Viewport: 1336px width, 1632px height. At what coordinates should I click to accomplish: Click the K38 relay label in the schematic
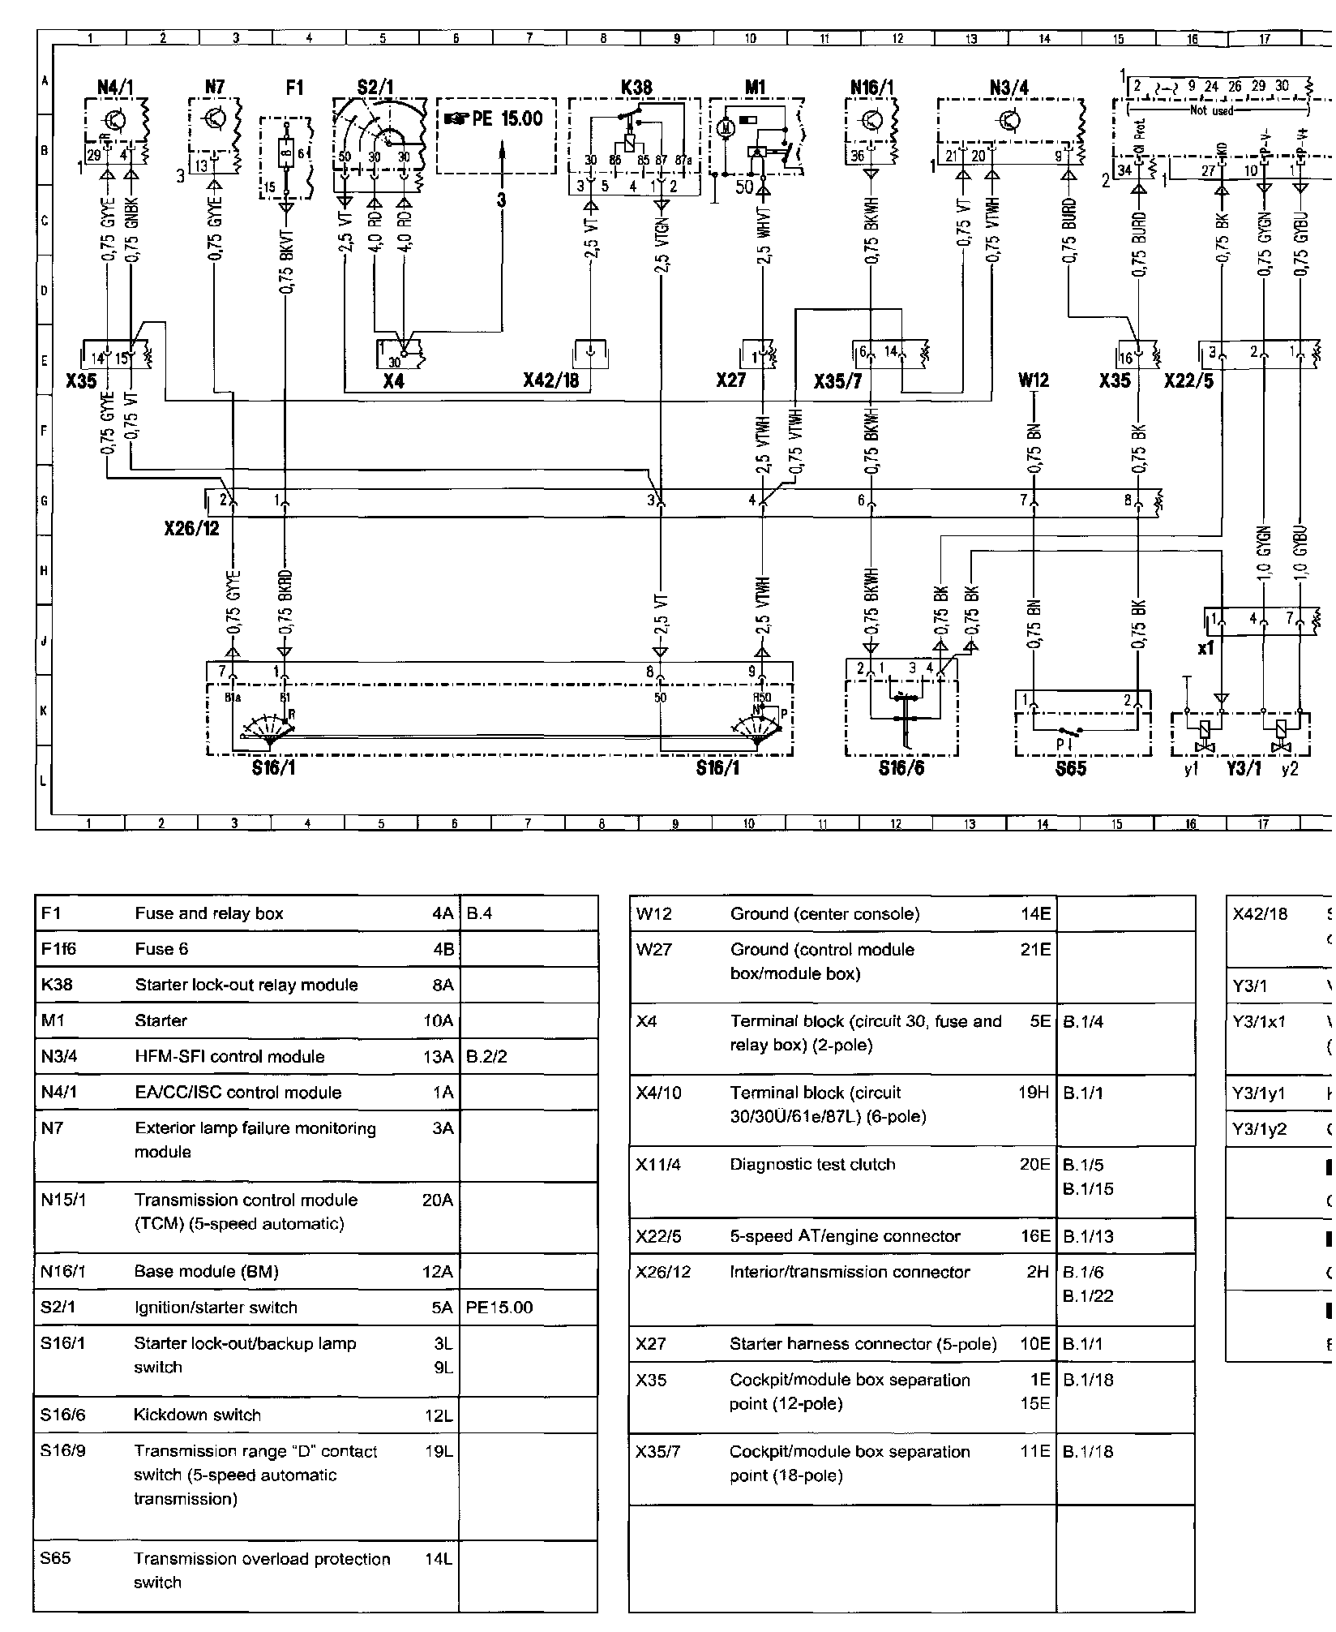point(636,87)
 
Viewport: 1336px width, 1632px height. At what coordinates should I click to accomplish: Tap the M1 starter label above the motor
point(755,87)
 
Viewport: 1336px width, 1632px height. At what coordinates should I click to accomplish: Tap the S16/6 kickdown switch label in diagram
point(901,767)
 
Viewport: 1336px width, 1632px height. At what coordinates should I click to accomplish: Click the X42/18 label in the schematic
point(550,380)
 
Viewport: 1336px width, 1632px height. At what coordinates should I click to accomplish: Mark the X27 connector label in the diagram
point(730,380)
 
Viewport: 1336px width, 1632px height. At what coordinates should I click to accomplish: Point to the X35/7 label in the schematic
point(837,380)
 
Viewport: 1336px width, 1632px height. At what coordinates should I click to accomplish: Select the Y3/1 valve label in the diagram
point(1243,768)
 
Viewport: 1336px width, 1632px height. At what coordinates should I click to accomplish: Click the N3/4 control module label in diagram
point(1009,87)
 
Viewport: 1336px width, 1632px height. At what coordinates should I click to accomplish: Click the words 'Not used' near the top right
point(1211,110)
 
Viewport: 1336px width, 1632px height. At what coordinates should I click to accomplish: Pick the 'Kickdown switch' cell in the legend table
point(197,1415)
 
